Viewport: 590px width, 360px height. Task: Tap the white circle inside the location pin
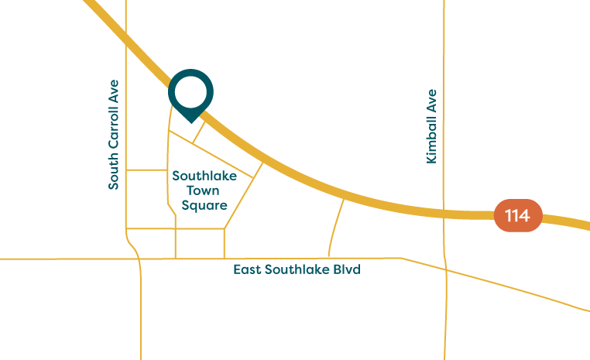click(x=190, y=91)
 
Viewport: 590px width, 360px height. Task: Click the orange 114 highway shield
click(x=518, y=215)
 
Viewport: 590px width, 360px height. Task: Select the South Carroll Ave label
click(x=114, y=134)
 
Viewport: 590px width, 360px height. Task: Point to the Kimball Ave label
click(x=431, y=126)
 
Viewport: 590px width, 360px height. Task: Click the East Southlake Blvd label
click(x=297, y=269)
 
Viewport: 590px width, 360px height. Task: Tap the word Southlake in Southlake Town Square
click(x=200, y=176)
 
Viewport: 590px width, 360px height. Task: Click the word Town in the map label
click(x=200, y=190)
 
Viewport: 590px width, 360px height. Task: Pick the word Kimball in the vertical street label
click(x=431, y=139)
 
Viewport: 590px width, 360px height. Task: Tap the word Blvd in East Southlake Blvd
click(x=348, y=269)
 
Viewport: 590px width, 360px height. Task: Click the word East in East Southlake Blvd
click(x=247, y=269)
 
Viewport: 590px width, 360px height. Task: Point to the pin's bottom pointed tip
click(x=190, y=122)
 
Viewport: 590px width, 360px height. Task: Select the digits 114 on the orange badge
click(x=518, y=215)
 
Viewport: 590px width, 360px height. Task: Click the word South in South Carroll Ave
click(x=114, y=173)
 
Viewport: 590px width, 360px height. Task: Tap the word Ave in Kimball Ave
click(x=431, y=101)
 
